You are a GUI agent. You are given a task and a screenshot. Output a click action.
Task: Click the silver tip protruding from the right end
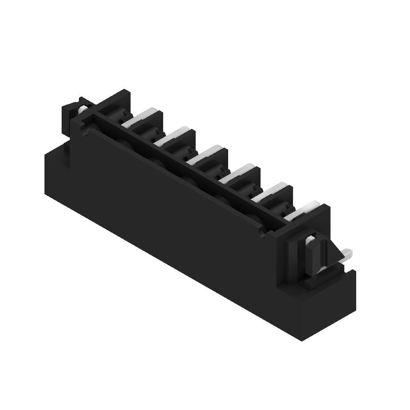(347, 253)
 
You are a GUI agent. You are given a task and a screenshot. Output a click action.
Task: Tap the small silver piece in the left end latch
(82, 109)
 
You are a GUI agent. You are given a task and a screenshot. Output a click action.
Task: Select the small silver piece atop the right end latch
(311, 239)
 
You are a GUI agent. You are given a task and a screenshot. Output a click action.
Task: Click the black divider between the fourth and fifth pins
(249, 183)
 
